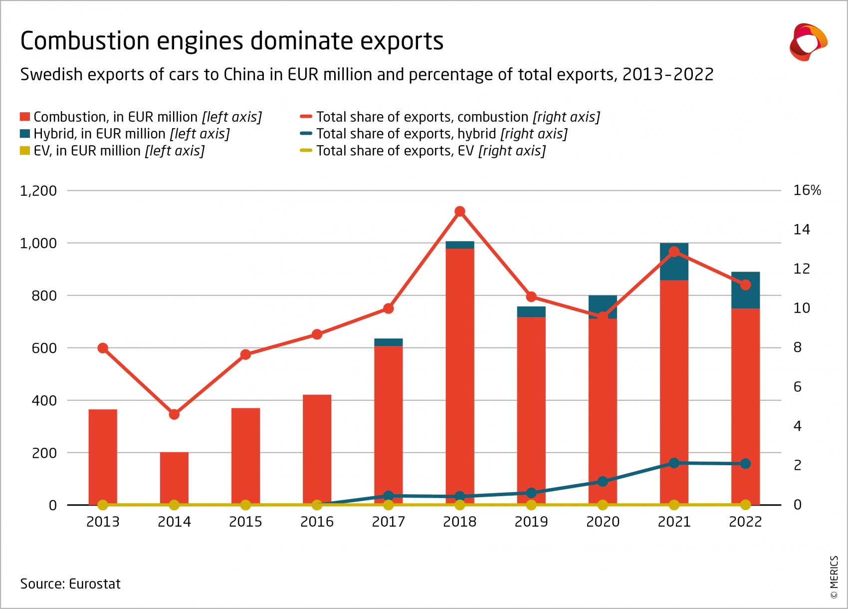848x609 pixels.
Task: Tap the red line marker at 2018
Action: tap(460, 212)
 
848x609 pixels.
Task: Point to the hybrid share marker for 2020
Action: tap(603, 482)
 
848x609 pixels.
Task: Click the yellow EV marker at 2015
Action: tap(245, 505)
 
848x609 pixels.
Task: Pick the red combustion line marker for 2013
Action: tap(103, 348)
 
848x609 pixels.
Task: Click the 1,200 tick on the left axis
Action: tap(38, 191)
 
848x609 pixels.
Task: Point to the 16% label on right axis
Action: tap(807, 190)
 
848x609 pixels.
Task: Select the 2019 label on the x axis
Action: tap(531, 522)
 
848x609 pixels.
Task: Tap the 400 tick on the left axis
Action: tap(44, 400)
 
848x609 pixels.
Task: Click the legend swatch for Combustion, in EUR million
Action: tap(25, 117)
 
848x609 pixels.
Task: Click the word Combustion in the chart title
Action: tap(85, 41)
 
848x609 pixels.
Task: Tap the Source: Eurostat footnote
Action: tap(70, 584)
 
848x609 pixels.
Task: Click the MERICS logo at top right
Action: tap(808, 42)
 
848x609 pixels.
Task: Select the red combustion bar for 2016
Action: tap(317, 449)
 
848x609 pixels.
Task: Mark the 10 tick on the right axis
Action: tap(802, 308)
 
